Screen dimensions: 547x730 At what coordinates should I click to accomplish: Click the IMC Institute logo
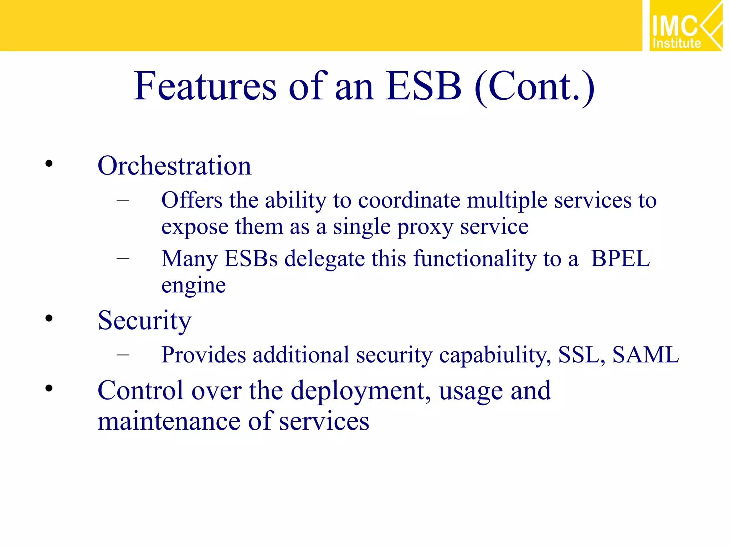pyautogui.click(x=685, y=26)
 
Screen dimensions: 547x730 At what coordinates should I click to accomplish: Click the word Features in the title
pyautogui.click(x=205, y=86)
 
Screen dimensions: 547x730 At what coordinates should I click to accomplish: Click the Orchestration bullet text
pyautogui.click(x=174, y=166)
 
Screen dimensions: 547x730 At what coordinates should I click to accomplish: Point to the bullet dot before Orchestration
pyautogui.click(x=49, y=164)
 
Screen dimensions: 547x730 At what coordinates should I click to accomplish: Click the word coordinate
pyautogui.click(x=409, y=200)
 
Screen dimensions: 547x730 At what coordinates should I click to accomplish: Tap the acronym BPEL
pyautogui.click(x=620, y=259)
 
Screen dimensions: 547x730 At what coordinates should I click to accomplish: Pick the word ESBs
pyautogui.click(x=251, y=259)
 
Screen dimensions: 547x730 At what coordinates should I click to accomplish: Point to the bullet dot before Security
pyautogui.click(x=49, y=318)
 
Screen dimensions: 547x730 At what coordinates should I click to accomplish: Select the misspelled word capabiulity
pyautogui.click(x=495, y=355)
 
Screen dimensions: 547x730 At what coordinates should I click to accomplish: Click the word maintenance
pyautogui.click(x=169, y=421)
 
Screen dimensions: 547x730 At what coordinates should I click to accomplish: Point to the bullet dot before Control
pyautogui.click(x=49, y=388)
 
